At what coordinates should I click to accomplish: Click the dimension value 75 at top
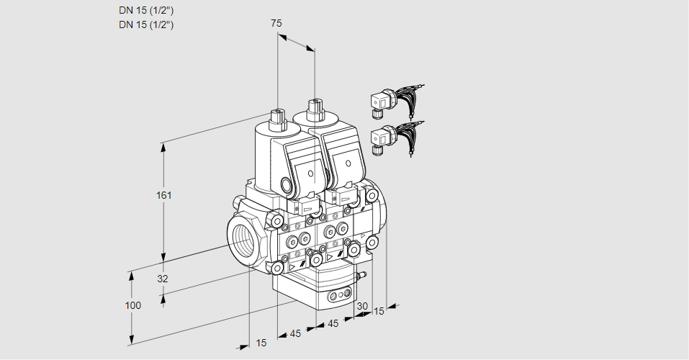pyautogui.click(x=276, y=23)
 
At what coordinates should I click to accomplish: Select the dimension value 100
pyautogui.click(x=132, y=305)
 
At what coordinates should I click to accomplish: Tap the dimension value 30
pyautogui.click(x=362, y=306)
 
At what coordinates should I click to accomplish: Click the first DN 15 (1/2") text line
pyautogui.click(x=146, y=11)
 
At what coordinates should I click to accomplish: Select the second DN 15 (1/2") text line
pyautogui.click(x=146, y=24)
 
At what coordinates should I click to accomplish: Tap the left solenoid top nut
pyautogui.click(x=277, y=115)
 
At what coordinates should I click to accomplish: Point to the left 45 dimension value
pyautogui.click(x=295, y=333)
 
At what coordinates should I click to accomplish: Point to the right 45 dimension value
pyautogui.click(x=333, y=324)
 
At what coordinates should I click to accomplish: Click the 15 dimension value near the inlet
pyautogui.click(x=261, y=343)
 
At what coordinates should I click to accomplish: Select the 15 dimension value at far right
pyautogui.click(x=379, y=311)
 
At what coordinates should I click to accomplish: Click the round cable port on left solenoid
pyautogui.click(x=296, y=186)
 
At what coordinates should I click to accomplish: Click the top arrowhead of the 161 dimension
pyautogui.click(x=163, y=147)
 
